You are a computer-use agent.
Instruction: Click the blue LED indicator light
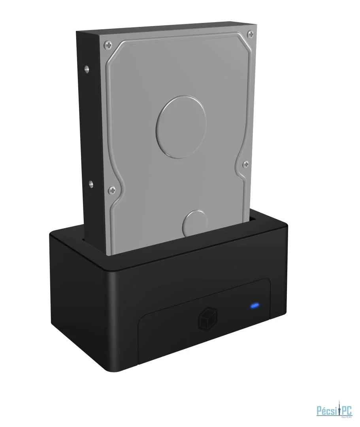[254, 306]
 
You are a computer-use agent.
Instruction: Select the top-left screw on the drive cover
[106, 44]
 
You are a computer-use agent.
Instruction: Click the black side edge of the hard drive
[91, 130]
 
